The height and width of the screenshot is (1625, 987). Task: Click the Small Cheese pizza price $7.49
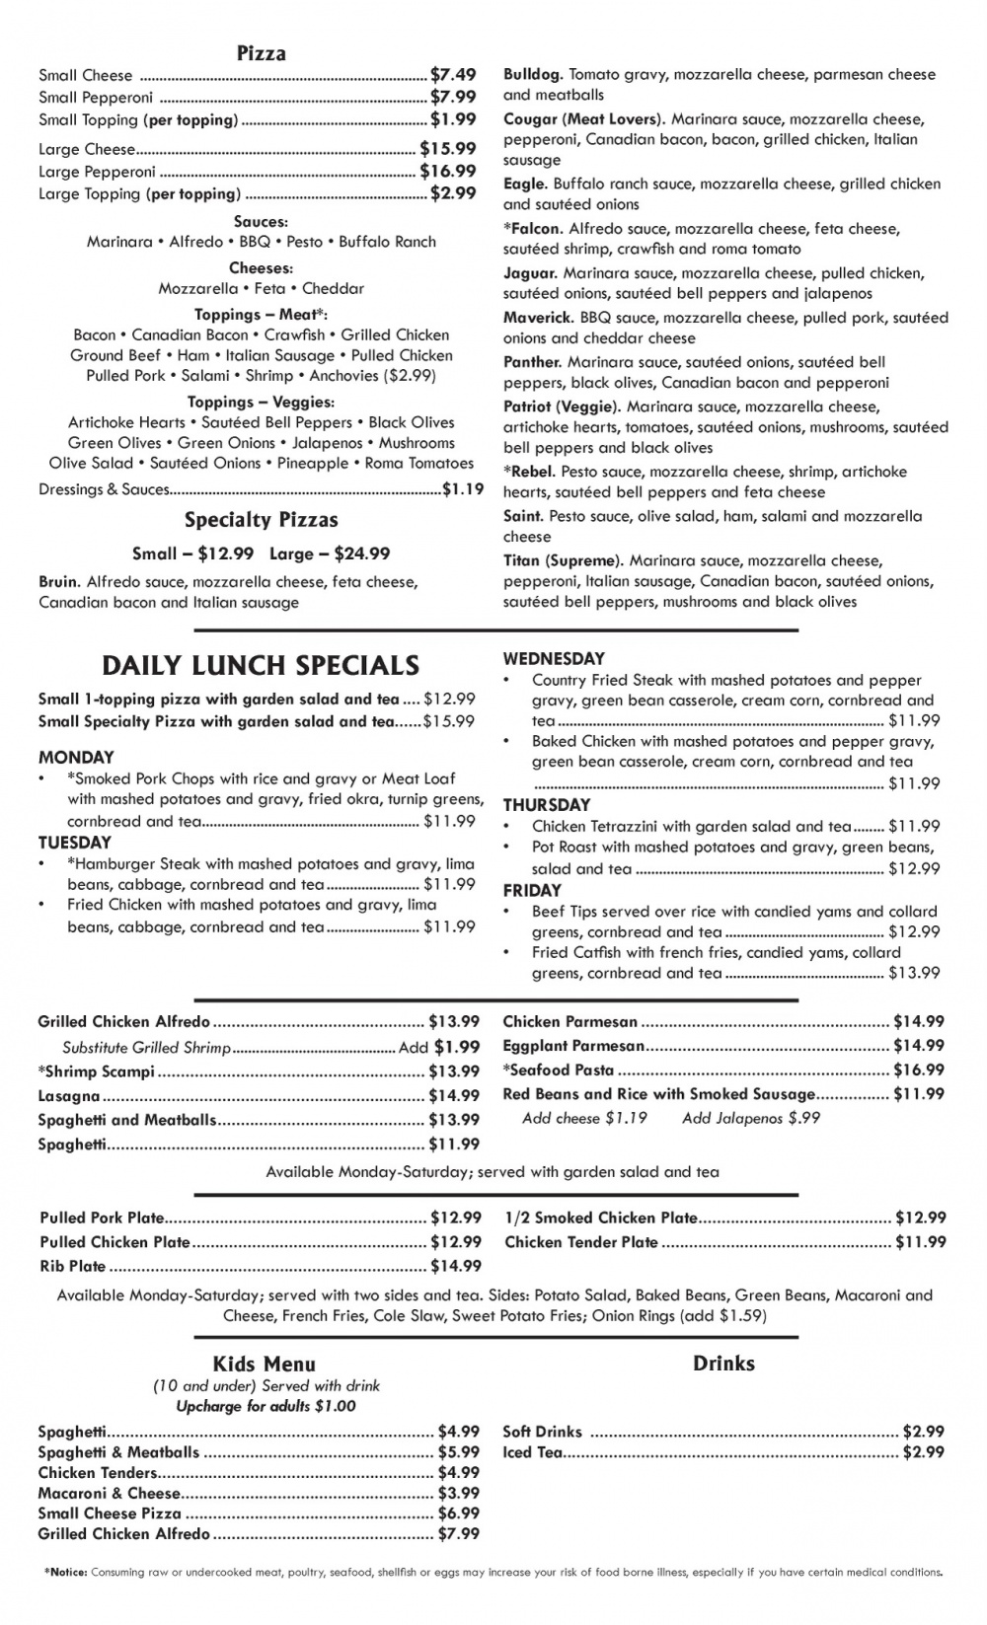[453, 75]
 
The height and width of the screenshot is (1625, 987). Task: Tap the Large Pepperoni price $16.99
[448, 171]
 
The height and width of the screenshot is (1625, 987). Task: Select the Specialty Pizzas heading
[261, 520]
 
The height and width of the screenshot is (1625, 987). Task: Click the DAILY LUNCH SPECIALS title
[261, 665]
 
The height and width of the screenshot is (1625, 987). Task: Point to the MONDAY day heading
[76, 758]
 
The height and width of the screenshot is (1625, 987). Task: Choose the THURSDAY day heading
[547, 805]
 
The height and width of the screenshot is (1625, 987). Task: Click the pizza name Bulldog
[532, 75]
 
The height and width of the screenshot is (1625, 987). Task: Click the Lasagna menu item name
[69, 1096]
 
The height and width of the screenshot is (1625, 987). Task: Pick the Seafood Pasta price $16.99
[919, 1070]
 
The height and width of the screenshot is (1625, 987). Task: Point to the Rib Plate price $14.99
[456, 1266]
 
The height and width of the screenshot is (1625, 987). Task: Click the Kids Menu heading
[264, 1365]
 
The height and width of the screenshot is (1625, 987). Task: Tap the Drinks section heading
[723, 1364]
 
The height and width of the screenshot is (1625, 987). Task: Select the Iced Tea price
[923, 1452]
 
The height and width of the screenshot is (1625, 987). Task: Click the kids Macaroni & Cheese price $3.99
[459, 1494]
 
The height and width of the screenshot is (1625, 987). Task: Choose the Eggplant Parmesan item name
[573, 1046]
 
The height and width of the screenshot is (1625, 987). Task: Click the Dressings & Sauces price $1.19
[463, 488]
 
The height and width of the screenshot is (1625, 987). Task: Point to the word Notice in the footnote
[68, 1573]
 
